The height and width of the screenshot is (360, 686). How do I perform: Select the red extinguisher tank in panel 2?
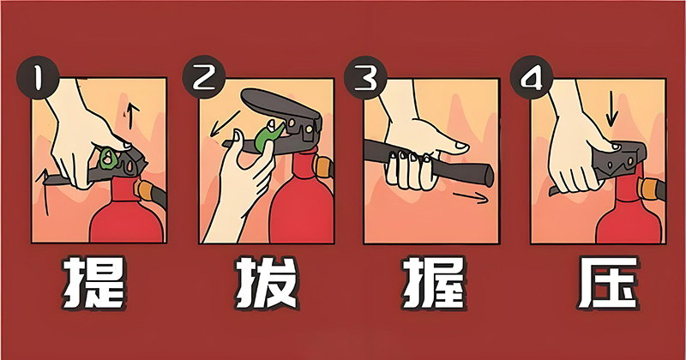pos(301,206)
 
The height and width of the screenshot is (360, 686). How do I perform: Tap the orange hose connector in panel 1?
pos(153,189)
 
